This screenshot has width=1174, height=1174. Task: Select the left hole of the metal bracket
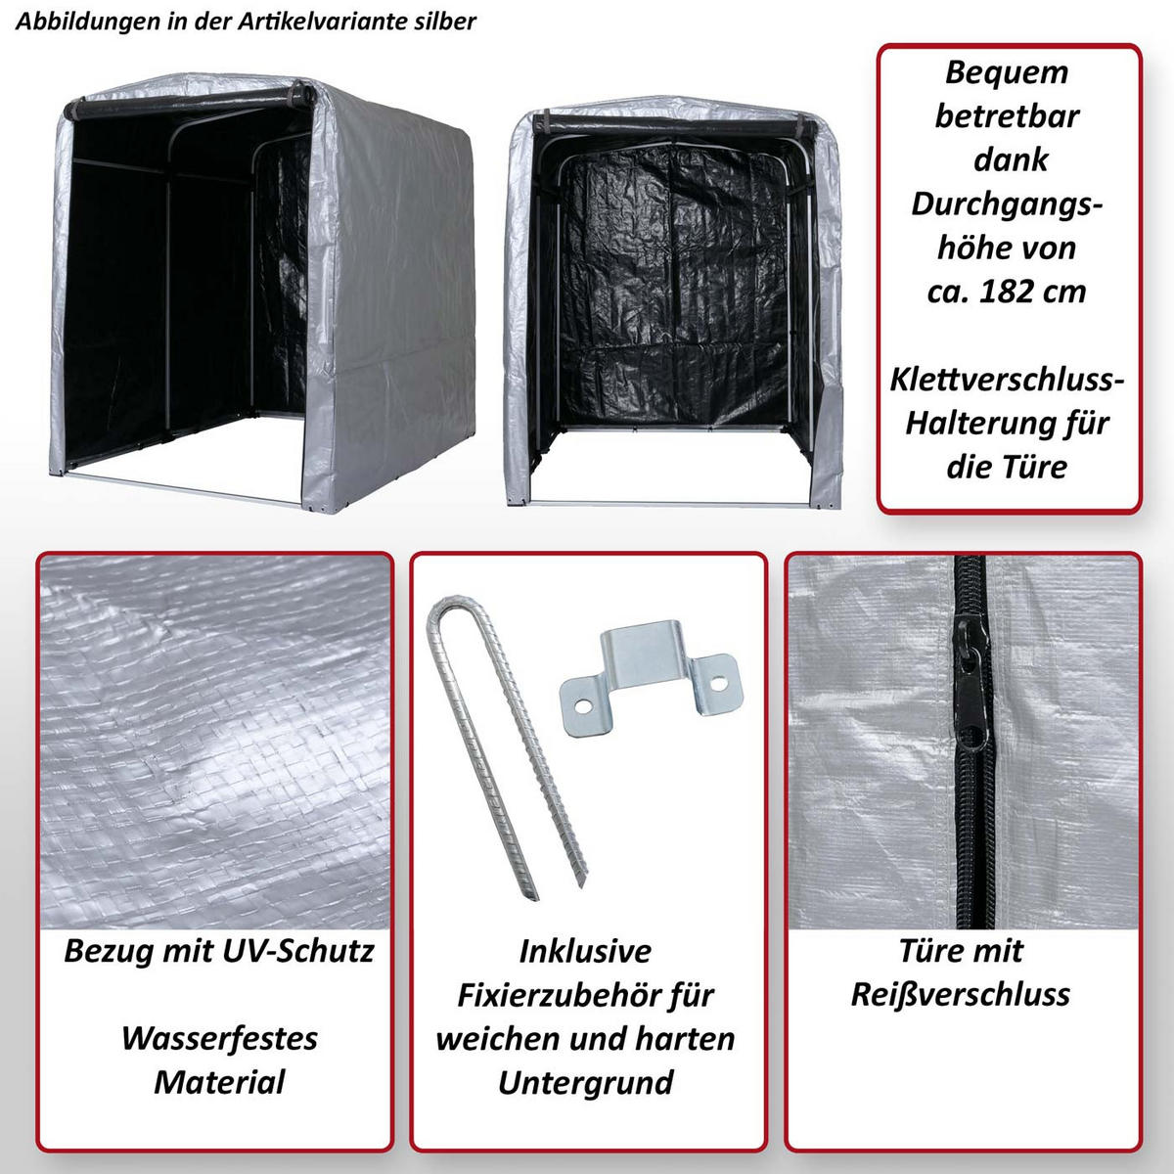tap(583, 706)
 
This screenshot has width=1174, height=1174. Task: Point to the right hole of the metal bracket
tap(719, 683)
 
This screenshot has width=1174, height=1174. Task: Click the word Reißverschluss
tap(960, 996)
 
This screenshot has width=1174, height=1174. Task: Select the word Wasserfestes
tap(219, 1039)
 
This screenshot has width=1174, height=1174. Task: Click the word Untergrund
tap(585, 1083)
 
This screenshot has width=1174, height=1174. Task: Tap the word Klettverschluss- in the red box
tap(1007, 380)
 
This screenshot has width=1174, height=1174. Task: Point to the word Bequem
tap(1007, 73)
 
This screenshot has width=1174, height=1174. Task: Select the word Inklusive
tap(585, 952)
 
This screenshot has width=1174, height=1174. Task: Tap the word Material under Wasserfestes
tap(219, 1083)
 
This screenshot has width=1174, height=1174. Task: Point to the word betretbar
tap(1007, 116)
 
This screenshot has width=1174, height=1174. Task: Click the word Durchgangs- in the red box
tap(1007, 205)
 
